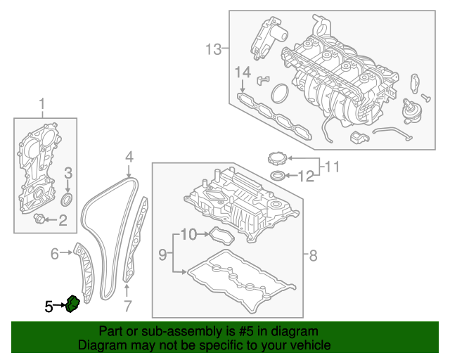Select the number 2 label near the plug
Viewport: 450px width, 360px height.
(63, 221)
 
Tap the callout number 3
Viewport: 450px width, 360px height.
(68, 173)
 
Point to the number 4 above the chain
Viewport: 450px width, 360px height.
(129, 156)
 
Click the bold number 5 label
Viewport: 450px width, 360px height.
(49, 306)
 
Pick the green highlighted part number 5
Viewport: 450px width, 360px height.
(73, 304)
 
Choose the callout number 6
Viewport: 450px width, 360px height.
(55, 254)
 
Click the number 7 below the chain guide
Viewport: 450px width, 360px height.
(127, 306)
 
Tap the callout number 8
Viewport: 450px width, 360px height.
(313, 255)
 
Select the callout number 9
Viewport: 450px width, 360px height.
(161, 255)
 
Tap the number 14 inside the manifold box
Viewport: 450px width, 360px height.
(242, 72)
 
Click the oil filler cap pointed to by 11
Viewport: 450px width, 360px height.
(278, 157)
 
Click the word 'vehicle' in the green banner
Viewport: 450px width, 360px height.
(307, 345)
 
